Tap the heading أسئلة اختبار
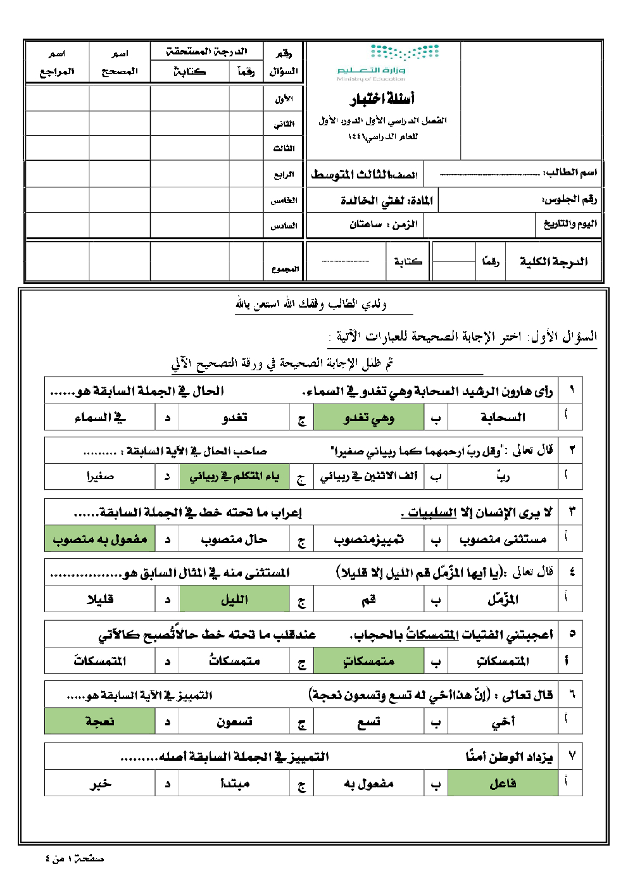[x=382, y=99]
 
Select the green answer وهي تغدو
[x=369, y=418]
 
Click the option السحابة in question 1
[x=503, y=418]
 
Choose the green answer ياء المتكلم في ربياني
[x=234, y=477]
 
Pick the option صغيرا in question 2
[x=100, y=477]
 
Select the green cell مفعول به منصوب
[x=100, y=539]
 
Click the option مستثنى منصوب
[x=503, y=539]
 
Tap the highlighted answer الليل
[x=234, y=599]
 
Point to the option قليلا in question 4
[x=100, y=599]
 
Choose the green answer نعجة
[x=100, y=722]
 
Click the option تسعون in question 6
[x=234, y=722]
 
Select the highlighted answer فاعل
[x=503, y=784]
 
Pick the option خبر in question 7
[x=100, y=784]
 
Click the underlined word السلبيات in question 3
[x=432, y=513]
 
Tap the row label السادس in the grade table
[x=284, y=225]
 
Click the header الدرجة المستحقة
[x=206, y=51]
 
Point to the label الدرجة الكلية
[x=553, y=261]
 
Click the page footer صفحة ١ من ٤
[x=75, y=859]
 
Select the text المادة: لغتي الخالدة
[x=386, y=201]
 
